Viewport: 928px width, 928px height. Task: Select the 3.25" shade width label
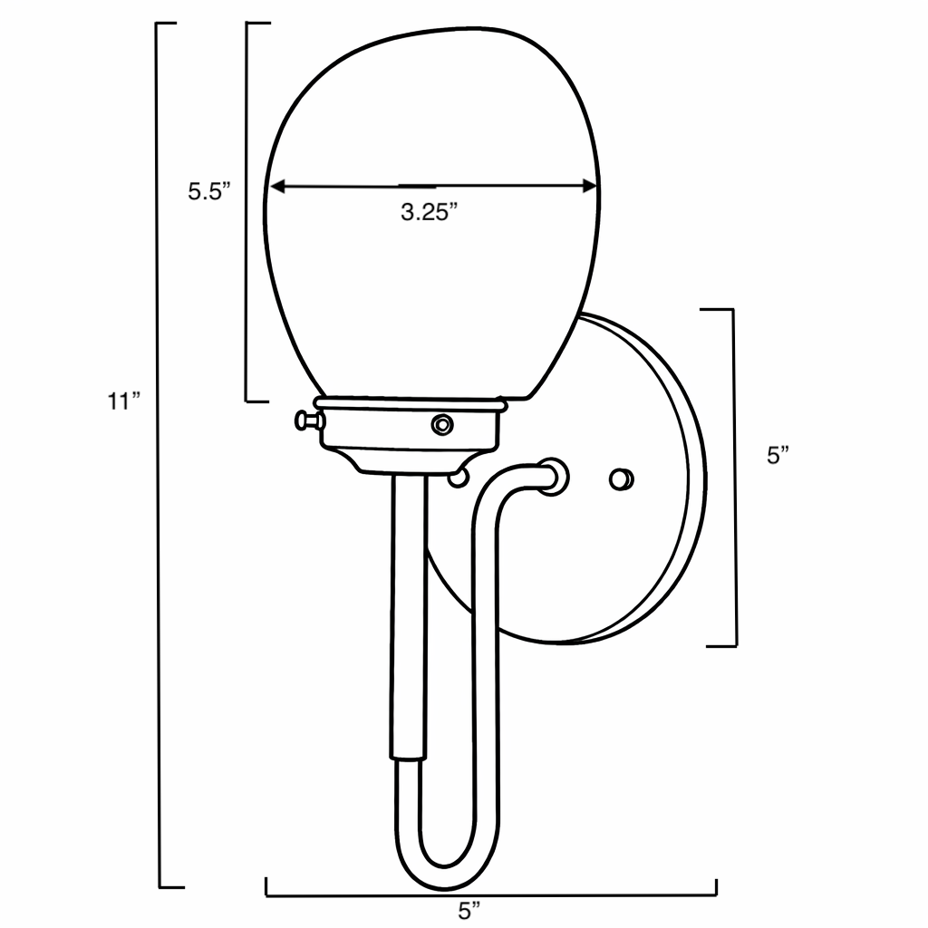pos(429,213)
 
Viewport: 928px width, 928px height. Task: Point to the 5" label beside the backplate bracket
pos(778,455)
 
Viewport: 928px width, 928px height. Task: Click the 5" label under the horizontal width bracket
pos(468,910)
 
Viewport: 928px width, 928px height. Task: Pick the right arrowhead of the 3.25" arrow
pos(590,187)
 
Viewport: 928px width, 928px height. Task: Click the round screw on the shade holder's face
pos(442,423)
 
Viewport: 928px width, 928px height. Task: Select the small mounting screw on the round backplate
pos(622,478)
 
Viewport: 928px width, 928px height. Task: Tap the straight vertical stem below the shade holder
pos(406,616)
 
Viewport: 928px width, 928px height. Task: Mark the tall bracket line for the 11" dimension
pos(160,453)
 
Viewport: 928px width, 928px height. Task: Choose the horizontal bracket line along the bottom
pos(489,894)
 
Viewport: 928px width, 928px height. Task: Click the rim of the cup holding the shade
pos(410,401)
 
